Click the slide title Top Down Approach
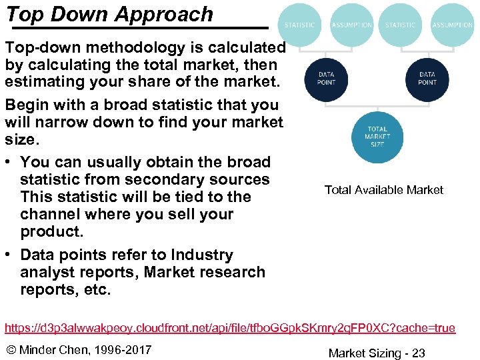tap(109, 14)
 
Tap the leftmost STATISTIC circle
tap(299, 25)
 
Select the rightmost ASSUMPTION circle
tap(452, 25)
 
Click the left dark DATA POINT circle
tap(326, 79)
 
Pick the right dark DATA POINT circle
tap(427, 79)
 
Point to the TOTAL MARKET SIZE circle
tap(377, 137)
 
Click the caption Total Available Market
tap(383, 190)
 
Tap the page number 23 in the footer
tap(418, 353)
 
